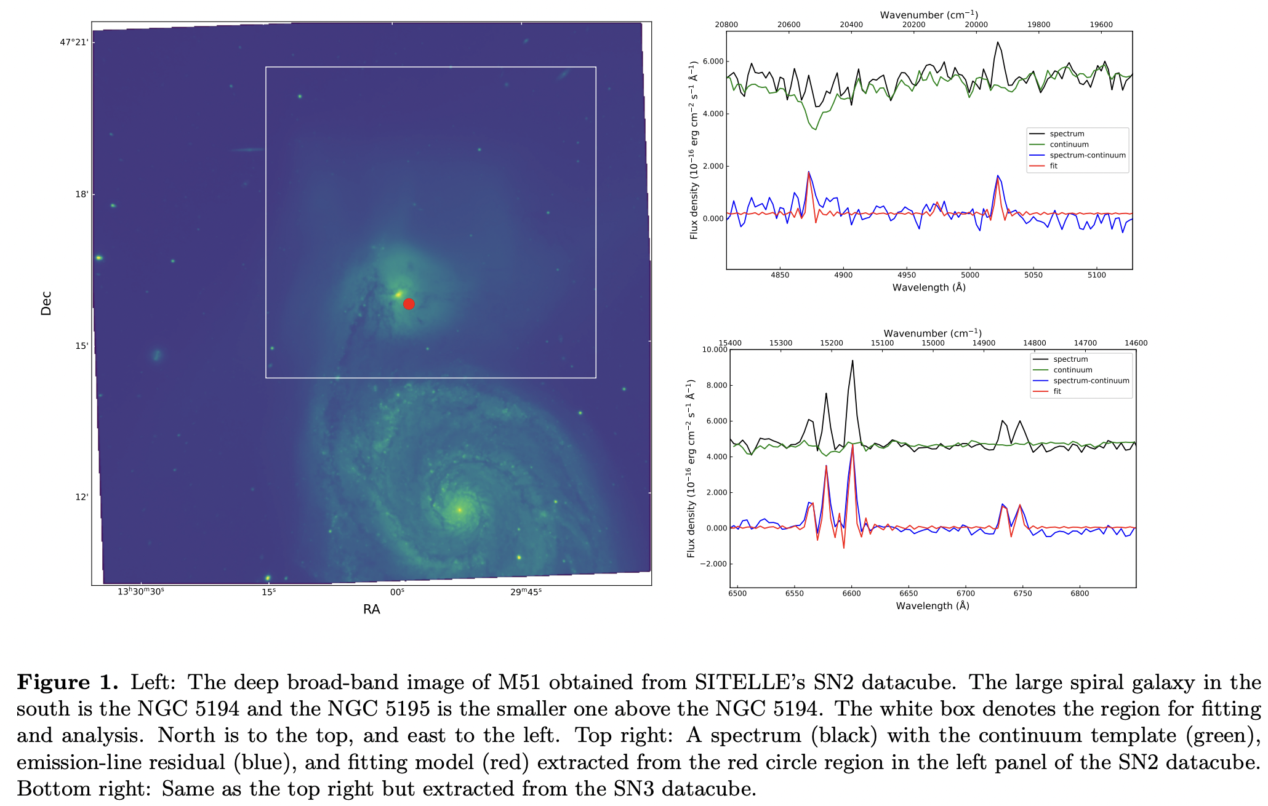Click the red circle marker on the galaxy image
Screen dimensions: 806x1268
click(409, 304)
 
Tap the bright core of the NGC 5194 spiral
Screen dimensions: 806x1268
click(459, 509)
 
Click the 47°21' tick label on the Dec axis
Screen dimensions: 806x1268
click(74, 42)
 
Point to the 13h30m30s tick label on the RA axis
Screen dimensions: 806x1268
click(141, 592)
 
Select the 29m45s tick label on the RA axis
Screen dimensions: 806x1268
click(526, 592)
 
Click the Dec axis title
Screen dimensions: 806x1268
click(46, 303)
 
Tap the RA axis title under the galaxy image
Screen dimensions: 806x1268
click(371, 609)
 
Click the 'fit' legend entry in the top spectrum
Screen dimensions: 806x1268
click(1054, 166)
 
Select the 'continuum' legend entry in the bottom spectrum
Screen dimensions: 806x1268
click(1072, 370)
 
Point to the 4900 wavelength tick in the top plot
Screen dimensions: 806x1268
click(843, 275)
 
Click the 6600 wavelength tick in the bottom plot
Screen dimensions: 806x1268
click(851, 594)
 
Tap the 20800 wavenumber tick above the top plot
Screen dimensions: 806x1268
click(726, 25)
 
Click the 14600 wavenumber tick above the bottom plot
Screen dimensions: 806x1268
click(1136, 343)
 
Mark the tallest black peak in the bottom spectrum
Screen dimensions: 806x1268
click(853, 361)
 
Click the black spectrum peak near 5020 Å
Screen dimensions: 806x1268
click(998, 42)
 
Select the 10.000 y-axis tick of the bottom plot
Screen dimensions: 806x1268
click(715, 349)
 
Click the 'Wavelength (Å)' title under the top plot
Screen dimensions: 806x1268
click(929, 287)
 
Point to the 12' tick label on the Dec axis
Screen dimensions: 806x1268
click(81, 497)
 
